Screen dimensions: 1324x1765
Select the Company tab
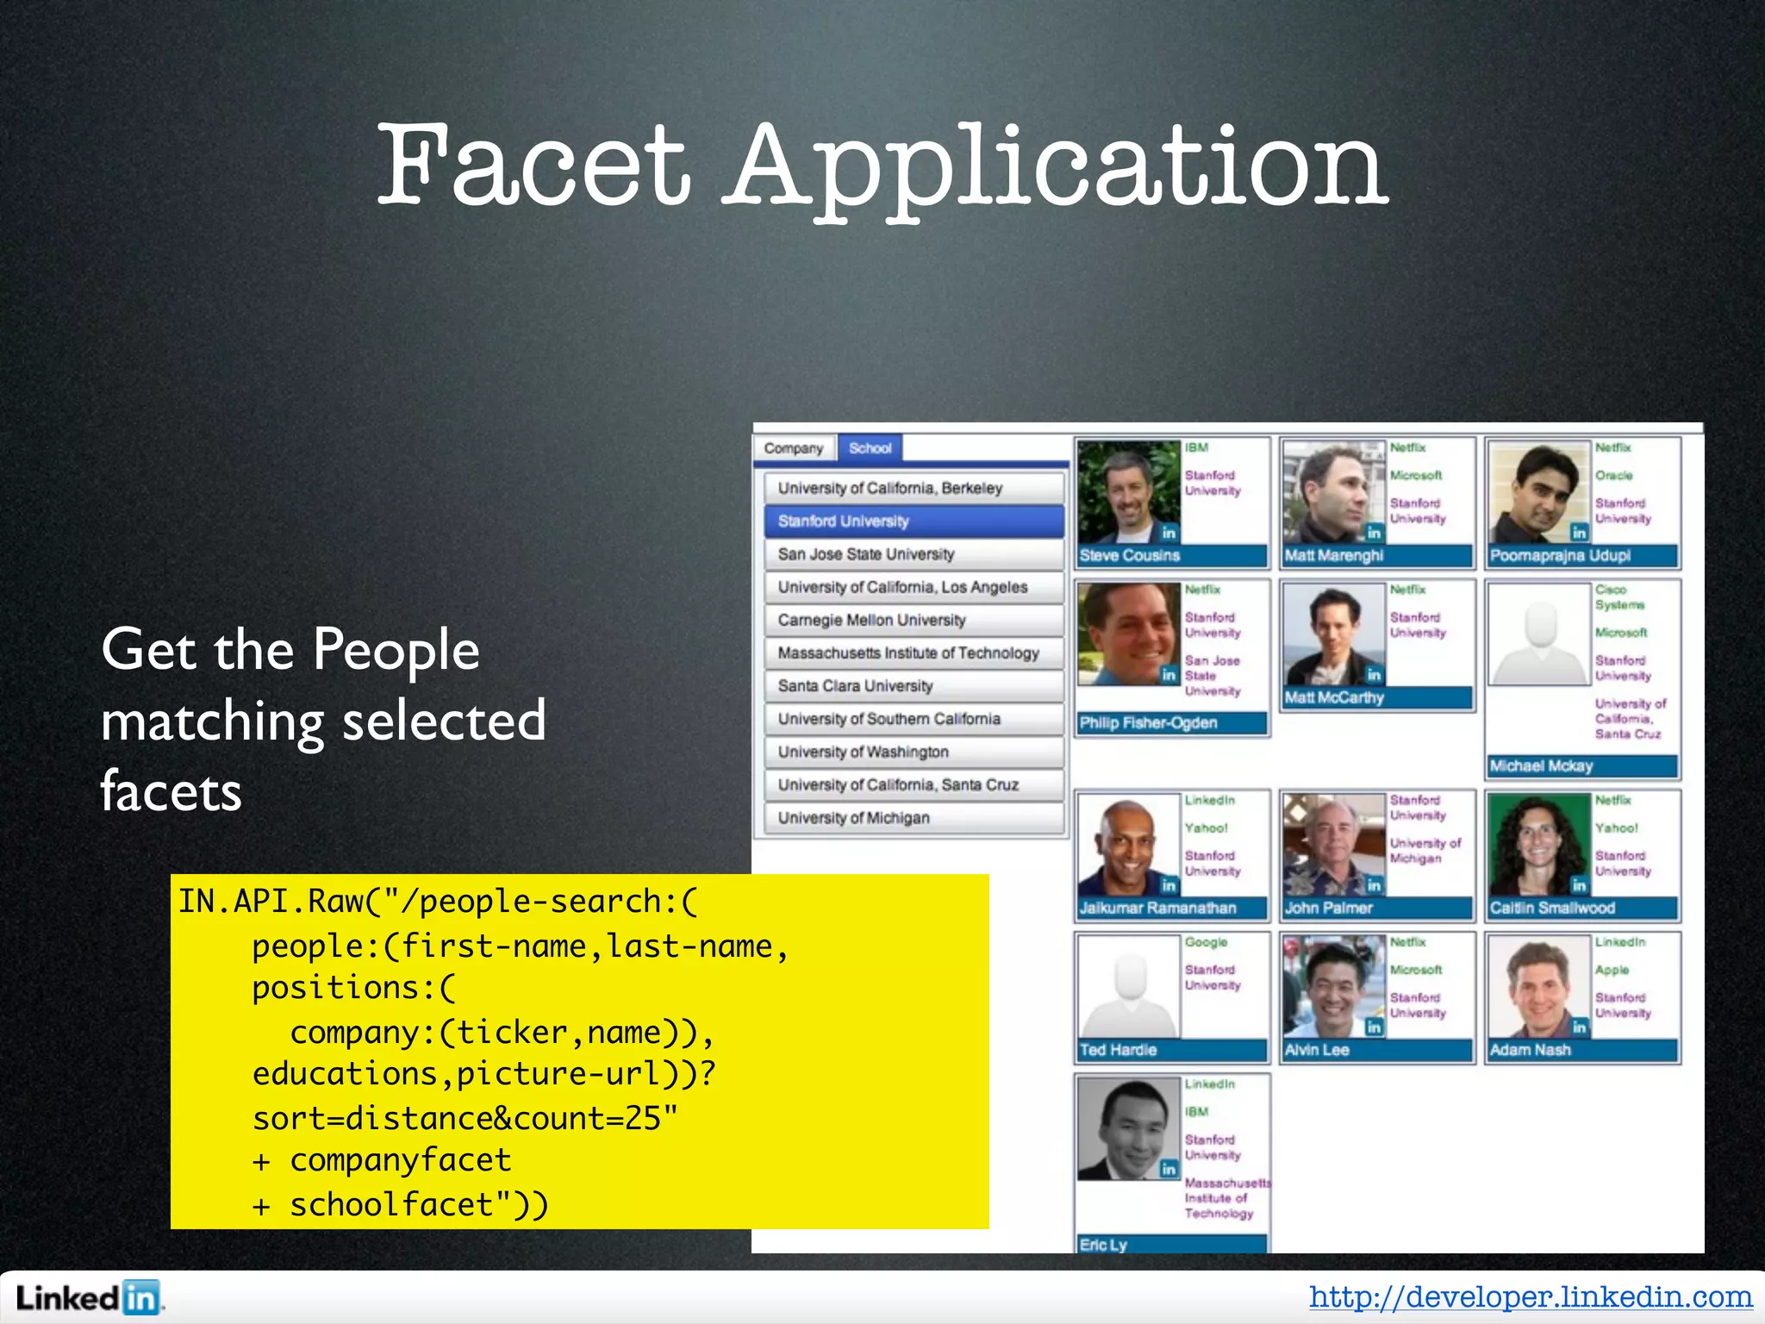click(x=794, y=448)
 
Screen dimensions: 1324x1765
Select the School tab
click(x=870, y=448)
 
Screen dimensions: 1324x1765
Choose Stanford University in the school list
click(x=914, y=521)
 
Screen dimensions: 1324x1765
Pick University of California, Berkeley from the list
click(x=914, y=488)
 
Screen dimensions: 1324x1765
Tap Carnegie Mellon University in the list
click(x=914, y=620)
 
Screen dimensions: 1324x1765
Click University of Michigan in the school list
click(x=914, y=818)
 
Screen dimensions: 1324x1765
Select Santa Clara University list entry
click(x=914, y=686)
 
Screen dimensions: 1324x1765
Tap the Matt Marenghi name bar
click(x=1376, y=556)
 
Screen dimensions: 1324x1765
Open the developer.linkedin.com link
click(x=1531, y=1296)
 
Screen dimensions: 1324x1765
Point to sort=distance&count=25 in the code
click(x=465, y=1118)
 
